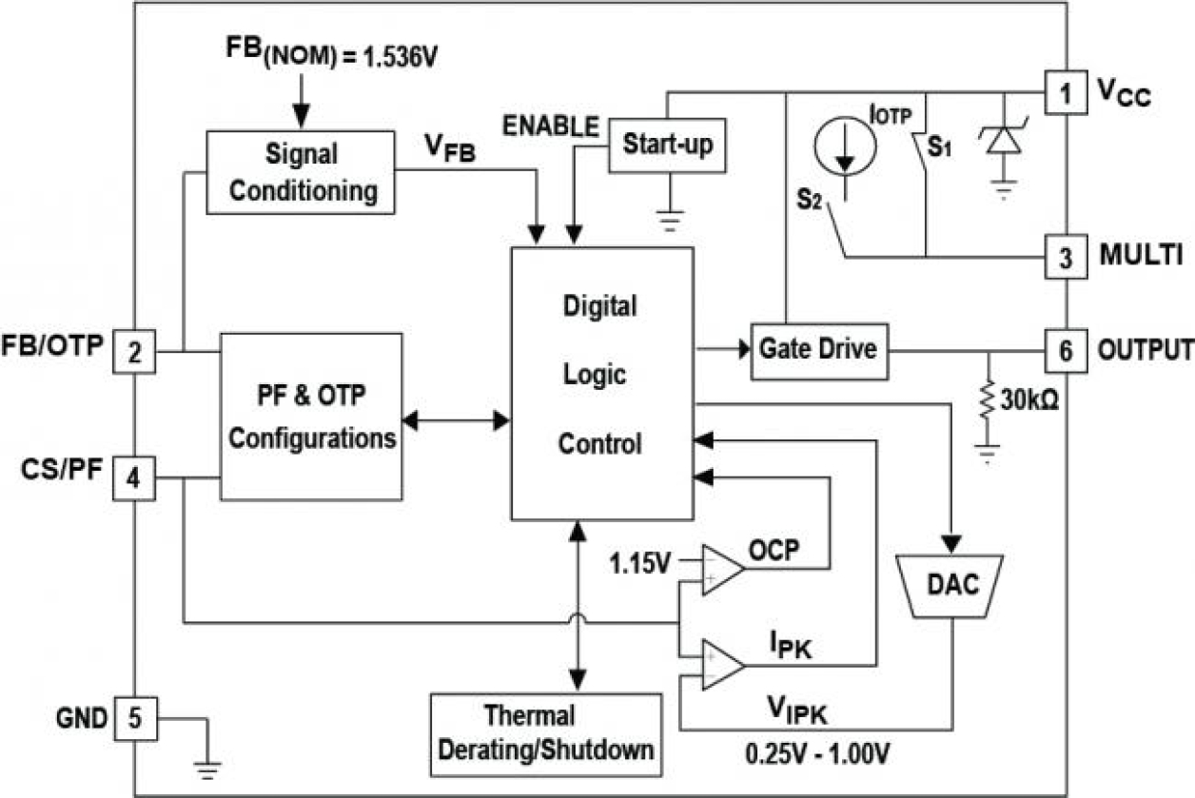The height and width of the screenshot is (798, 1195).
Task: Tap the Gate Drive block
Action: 817,349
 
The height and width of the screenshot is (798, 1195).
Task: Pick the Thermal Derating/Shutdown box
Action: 545,731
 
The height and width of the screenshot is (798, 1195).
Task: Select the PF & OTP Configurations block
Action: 311,416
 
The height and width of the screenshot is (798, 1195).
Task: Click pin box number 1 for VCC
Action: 1065,92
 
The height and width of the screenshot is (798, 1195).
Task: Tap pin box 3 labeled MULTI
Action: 1065,256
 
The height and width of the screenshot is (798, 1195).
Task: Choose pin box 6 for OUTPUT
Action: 1065,350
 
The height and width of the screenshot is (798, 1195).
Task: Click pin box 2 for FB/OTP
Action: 135,352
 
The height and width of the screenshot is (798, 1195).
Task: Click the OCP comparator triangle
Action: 722,570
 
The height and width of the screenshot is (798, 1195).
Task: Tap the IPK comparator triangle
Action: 722,663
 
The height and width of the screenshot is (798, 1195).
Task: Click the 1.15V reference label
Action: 639,563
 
